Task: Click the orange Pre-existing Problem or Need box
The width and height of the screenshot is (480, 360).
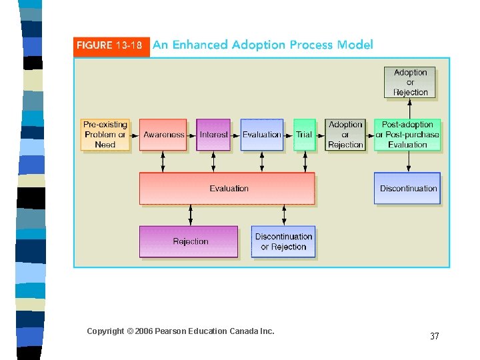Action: (105, 135)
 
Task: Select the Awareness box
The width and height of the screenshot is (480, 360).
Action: (163, 135)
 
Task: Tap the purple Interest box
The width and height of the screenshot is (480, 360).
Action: (213, 135)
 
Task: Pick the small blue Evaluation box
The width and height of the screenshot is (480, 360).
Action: (261, 135)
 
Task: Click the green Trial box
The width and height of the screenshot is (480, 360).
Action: (304, 135)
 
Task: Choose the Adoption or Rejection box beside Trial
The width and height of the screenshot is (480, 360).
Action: (345, 135)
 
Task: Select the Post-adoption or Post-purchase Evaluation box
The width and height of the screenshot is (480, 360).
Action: (407, 135)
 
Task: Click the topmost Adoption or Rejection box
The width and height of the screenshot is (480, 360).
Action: (410, 83)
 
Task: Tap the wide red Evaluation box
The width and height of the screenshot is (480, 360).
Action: (227, 189)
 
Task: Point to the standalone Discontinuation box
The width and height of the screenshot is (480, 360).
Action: (408, 189)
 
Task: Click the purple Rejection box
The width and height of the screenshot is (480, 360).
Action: (189, 241)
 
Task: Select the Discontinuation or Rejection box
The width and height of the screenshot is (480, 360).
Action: (283, 241)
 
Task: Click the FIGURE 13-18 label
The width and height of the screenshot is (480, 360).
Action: (109, 45)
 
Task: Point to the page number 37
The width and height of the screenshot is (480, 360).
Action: (434, 336)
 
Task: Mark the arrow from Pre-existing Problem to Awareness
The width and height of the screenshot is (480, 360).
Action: (135, 135)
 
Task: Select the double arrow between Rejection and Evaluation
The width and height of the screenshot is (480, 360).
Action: (191, 215)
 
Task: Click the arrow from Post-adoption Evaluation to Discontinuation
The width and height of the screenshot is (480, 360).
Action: (407, 162)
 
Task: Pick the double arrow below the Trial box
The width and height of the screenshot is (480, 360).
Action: (305, 162)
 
